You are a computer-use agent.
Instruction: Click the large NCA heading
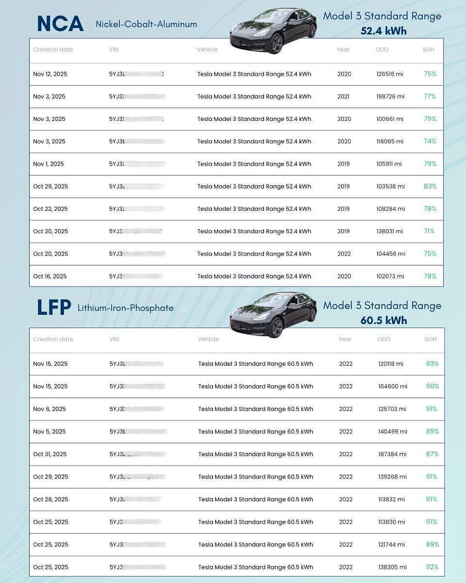pos(60,24)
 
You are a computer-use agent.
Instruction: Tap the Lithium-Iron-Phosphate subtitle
pos(125,308)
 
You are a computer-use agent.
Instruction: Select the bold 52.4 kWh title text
pos(383,31)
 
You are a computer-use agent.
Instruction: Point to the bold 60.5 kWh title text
pos(383,321)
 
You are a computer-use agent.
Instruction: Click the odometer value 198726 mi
pos(390,97)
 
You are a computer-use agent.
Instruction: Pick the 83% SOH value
pos(430,186)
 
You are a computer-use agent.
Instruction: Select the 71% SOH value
pos(429,231)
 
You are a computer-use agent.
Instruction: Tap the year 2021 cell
pos(344,97)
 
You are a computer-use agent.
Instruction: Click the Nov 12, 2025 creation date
pos(50,74)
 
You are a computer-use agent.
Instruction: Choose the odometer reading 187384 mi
pos(392,454)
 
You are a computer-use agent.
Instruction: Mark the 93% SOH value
pos(432,364)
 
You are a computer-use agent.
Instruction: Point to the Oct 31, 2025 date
pos(50,454)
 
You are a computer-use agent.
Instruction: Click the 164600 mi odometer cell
pos(393,387)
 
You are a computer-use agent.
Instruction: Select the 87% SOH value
pos(432,454)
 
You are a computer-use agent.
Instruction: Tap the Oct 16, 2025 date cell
pos(50,276)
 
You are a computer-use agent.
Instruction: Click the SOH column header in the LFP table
pos(431,339)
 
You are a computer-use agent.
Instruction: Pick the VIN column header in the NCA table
pos(114,50)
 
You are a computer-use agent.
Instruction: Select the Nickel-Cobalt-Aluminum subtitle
pos(146,24)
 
